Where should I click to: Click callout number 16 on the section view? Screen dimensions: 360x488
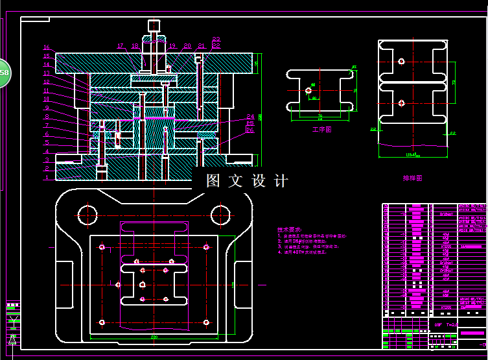[47, 47]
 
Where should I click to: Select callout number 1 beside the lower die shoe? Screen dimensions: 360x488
[47, 176]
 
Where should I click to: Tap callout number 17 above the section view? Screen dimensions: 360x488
[121, 46]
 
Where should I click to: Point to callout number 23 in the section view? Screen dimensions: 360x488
[216, 39]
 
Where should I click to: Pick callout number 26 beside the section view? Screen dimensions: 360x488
[250, 130]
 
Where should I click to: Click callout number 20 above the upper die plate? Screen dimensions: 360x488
[187, 46]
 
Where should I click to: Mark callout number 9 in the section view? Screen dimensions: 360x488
[47, 117]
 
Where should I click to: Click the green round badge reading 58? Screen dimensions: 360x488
[3, 73]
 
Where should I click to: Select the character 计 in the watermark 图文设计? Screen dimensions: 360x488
[281, 181]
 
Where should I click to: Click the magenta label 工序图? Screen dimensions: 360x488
[321, 130]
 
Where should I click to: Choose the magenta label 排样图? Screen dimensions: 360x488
[412, 178]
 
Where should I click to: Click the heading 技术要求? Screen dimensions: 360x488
[288, 229]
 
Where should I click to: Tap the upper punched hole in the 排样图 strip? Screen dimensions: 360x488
[402, 62]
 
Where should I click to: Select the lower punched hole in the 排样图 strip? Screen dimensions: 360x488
[402, 102]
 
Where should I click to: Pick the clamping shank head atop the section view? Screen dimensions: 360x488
[154, 26]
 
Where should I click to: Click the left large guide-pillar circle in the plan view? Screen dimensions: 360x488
[86, 212]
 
